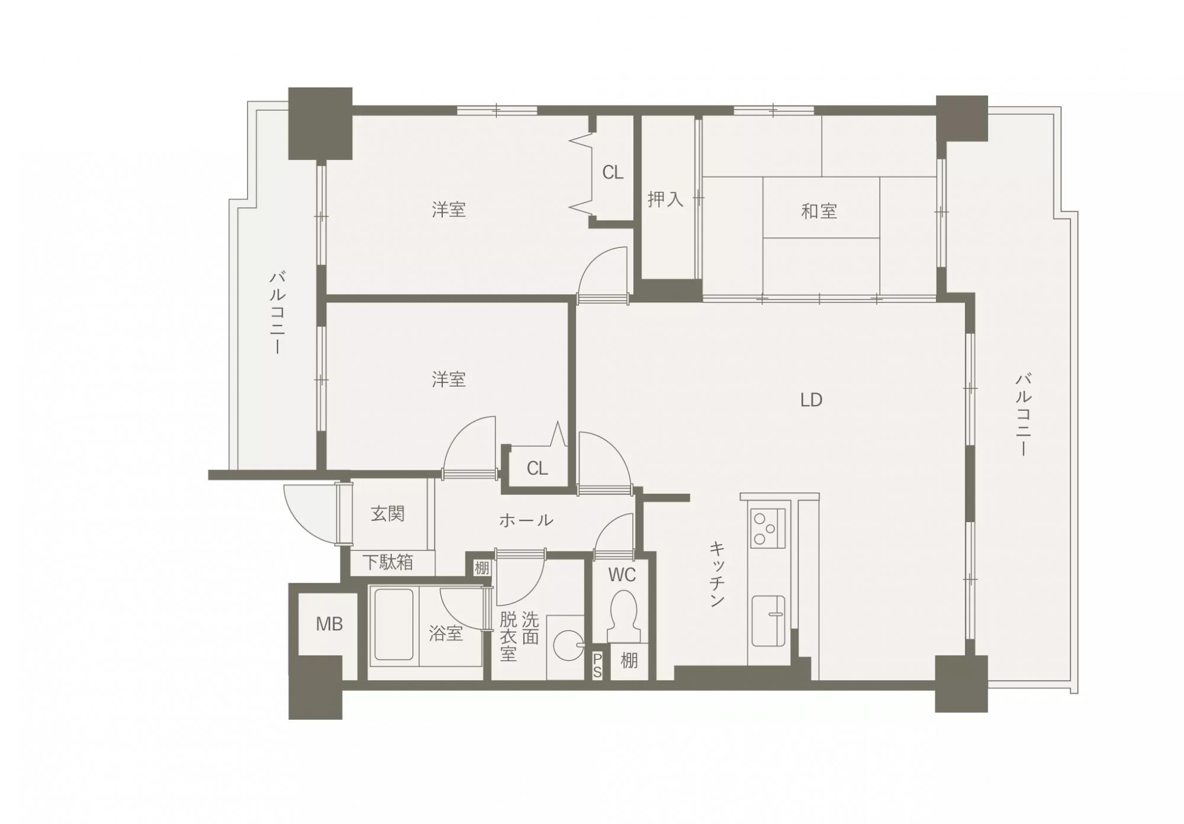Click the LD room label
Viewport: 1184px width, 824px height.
point(811,400)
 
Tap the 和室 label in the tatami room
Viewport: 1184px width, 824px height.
point(819,211)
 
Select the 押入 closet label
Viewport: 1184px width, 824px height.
point(665,199)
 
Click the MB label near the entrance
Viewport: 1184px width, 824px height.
point(329,623)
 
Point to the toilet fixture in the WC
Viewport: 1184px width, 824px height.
point(623,616)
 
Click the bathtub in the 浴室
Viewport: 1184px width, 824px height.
point(394,624)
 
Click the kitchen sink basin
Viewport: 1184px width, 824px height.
point(768,621)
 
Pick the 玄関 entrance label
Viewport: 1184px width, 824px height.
point(388,514)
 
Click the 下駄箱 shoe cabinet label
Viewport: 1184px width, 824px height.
point(388,562)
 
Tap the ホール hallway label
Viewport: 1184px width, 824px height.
point(526,520)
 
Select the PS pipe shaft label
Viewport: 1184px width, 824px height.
point(597,665)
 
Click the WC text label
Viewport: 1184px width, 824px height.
point(622,575)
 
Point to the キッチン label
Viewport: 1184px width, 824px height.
point(717,574)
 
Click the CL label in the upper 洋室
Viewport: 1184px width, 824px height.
point(613,173)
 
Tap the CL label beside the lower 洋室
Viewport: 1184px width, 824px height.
point(537,469)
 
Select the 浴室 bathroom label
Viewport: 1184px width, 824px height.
point(446,634)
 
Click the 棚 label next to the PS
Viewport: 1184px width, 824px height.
point(629,661)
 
